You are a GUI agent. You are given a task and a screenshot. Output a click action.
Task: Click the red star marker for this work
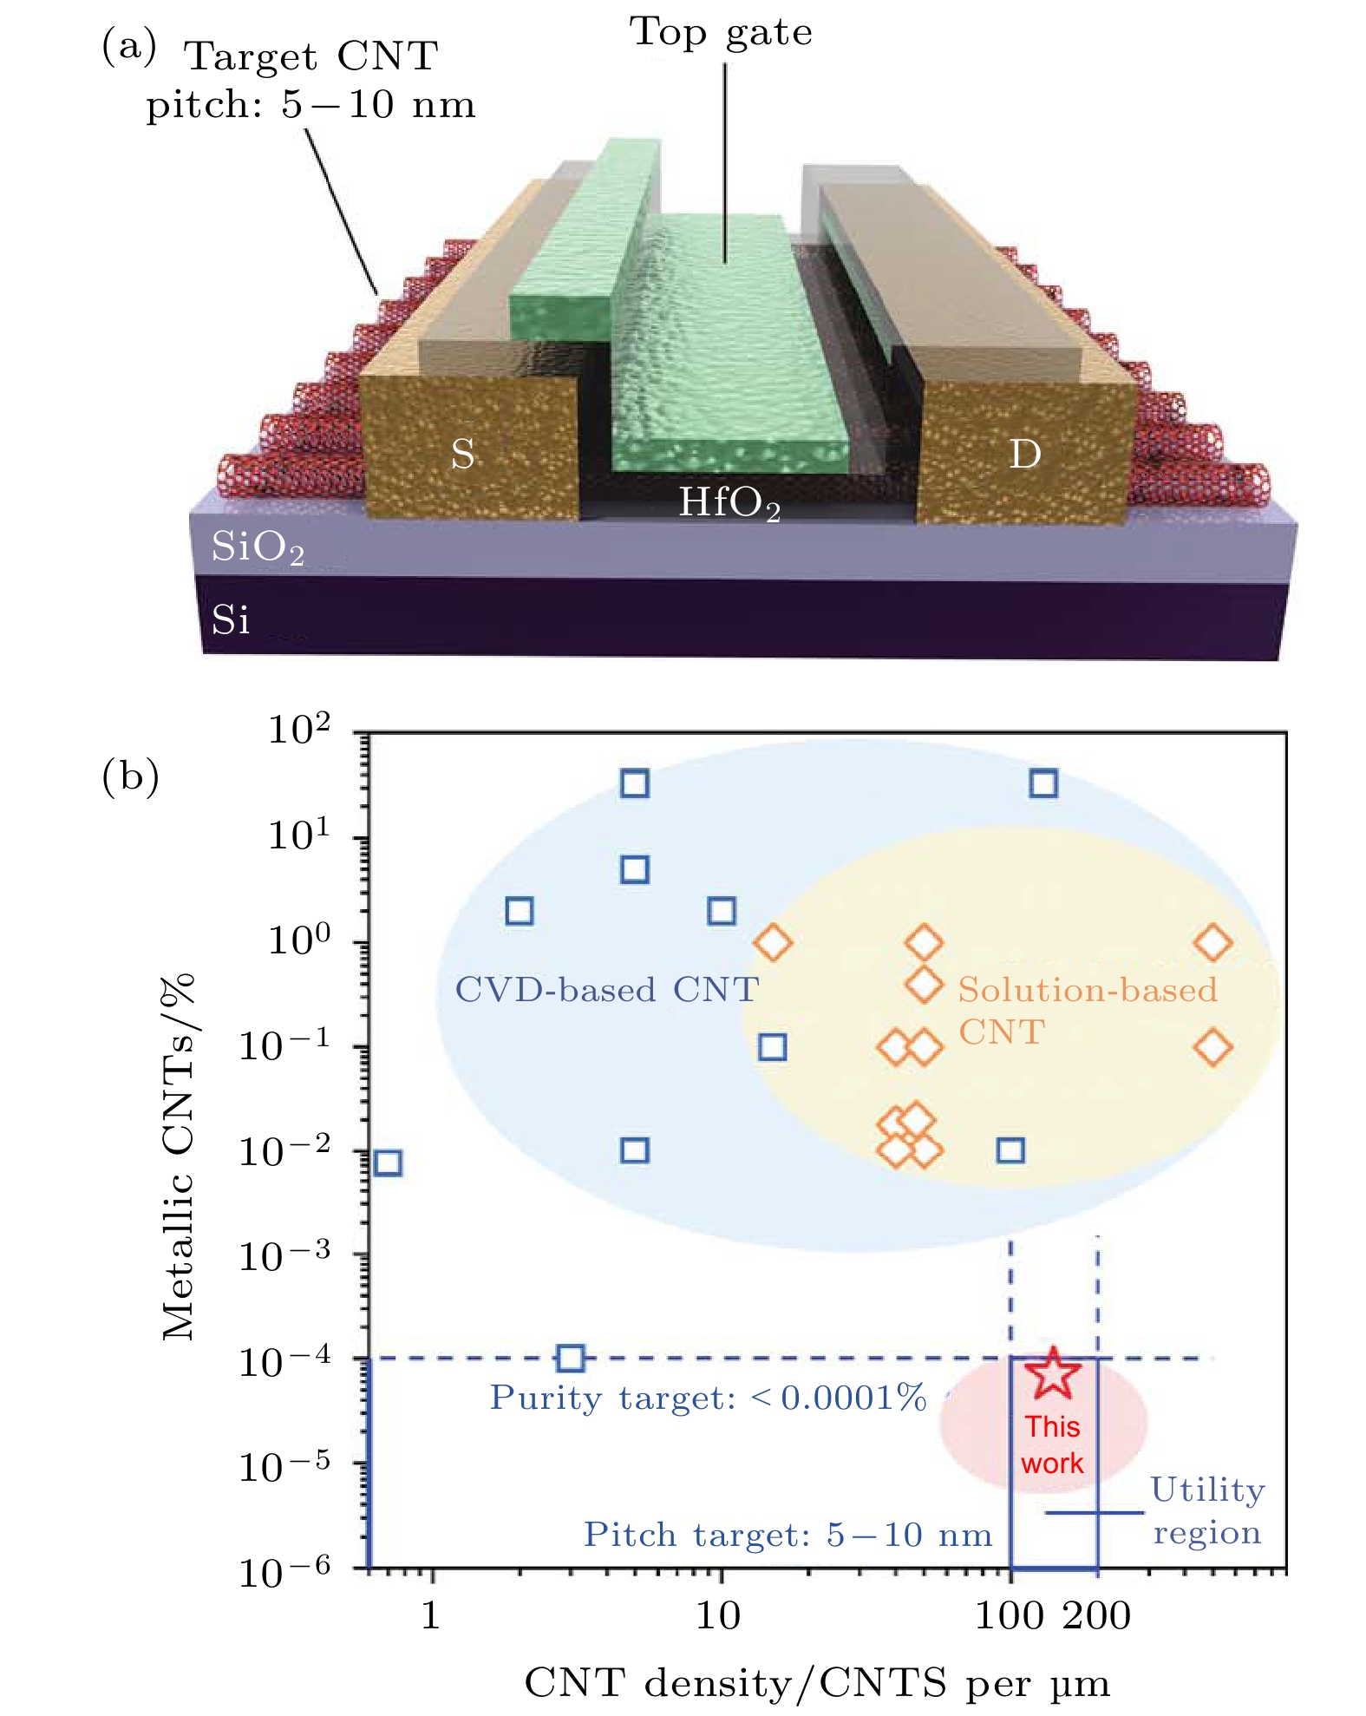pyautogui.click(x=1053, y=1373)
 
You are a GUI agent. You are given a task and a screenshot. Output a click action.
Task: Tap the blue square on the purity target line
pyautogui.click(x=570, y=1358)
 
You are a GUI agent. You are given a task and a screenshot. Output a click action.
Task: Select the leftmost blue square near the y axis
pyautogui.click(x=388, y=1163)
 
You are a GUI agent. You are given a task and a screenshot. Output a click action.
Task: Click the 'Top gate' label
pyautogui.click(x=721, y=33)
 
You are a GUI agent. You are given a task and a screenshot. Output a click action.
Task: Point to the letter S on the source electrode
pyautogui.click(x=462, y=454)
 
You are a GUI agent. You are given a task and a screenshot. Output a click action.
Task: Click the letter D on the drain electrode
pyautogui.click(x=1024, y=453)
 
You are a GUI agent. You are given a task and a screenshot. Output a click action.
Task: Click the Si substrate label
pyautogui.click(x=231, y=620)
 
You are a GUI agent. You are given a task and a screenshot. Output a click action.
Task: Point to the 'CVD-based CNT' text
pyautogui.click(x=606, y=990)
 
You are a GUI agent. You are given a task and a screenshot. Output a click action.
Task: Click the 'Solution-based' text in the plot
pyautogui.click(x=1088, y=990)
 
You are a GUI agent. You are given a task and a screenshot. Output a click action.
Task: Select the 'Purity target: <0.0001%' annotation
pyautogui.click(x=708, y=1398)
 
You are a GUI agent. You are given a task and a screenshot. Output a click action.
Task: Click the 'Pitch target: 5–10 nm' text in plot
pyautogui.click(x=788, y=1535)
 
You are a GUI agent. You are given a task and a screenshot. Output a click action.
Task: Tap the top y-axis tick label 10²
pyautogui.click(x=298, y=730)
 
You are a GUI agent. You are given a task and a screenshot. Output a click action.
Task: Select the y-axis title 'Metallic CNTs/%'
pyautogui.click(x=180, y=1158)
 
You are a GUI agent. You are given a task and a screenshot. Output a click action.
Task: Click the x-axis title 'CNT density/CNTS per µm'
pyautogui.click(x=817, y=1683)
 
